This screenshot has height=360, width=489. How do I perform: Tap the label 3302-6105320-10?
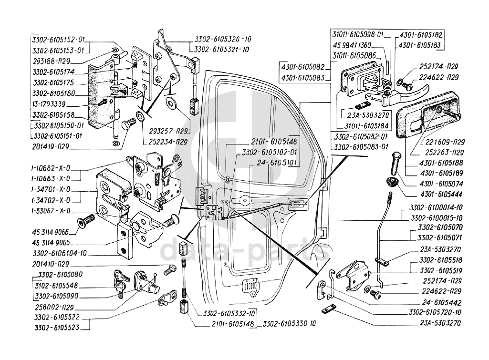(x=223, y=40)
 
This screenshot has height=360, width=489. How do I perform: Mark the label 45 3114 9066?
(x=49, y=232)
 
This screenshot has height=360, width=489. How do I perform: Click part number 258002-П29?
(x=54, y=307)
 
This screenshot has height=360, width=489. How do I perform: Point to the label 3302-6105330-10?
(x=290, y=324)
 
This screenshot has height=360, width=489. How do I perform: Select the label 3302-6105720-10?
(x=435, y=312)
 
